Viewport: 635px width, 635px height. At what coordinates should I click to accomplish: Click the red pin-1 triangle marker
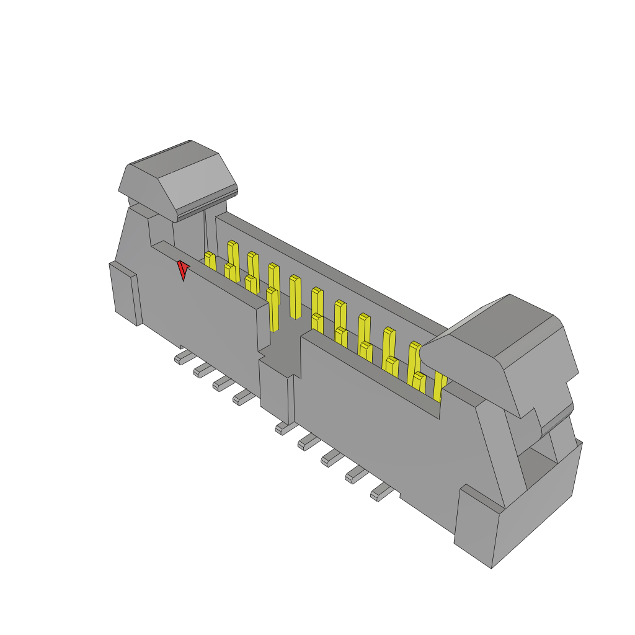pos(183,269)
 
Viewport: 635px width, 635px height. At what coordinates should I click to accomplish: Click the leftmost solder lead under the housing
pos(184,357)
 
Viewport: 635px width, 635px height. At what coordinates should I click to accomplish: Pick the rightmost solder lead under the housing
pos(381,494)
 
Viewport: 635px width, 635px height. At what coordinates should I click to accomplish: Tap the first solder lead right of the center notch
pos(284,427)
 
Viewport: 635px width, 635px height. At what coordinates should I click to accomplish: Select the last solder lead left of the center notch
pos(242,398)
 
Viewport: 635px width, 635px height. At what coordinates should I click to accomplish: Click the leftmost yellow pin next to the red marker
pos(210,260)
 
